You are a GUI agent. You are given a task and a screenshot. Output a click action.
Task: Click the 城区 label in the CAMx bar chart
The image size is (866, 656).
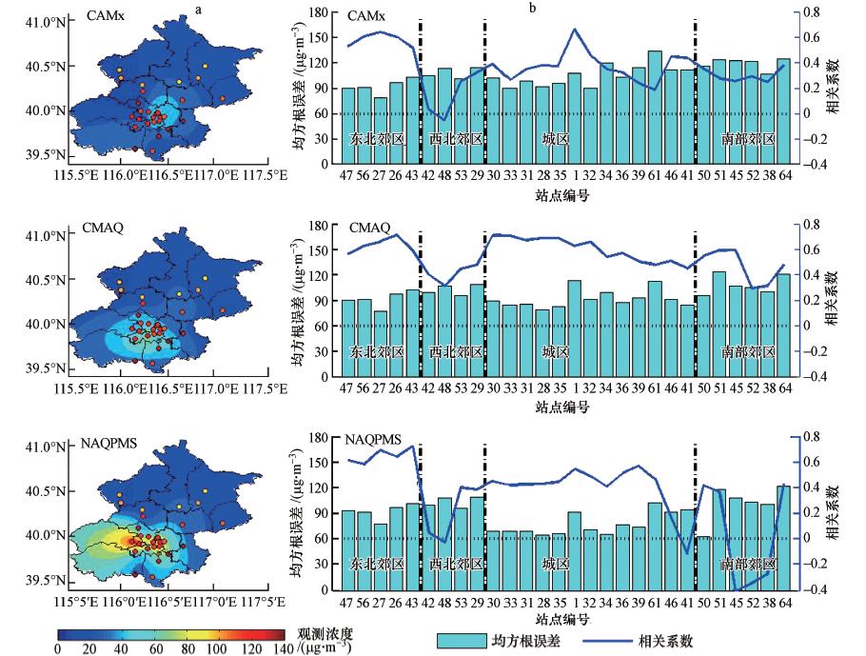[554, 138]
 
